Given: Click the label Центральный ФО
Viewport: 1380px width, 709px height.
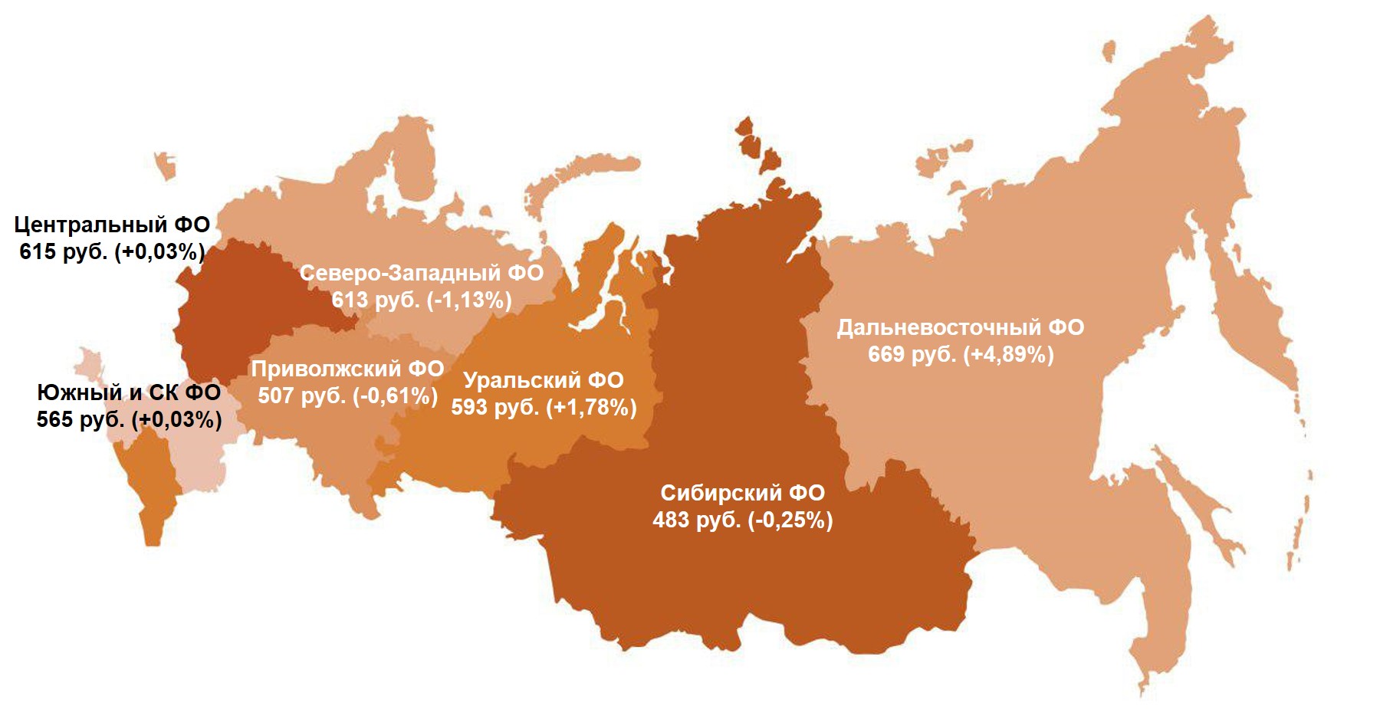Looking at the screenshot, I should click(x=112, y=225).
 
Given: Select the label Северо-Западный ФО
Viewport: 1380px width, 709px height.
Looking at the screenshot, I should click(x=421, y=273).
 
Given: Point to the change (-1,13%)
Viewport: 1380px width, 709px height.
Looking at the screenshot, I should click(x=470, y=300).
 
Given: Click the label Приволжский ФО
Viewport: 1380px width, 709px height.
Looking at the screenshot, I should click(x=347, y=369).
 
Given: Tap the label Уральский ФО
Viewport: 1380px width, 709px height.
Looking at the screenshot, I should click(x=544, y=380).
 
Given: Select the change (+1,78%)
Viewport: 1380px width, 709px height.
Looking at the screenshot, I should click(x=591, y=407).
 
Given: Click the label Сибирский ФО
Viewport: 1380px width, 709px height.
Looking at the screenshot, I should click(x=742, y=493).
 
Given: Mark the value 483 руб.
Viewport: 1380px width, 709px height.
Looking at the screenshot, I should click(x=697, y=520).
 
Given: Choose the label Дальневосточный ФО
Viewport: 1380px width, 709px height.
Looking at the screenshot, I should click(x=961, y=327).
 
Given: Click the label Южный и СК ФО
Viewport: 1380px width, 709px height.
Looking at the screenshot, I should click(x=129, y=392).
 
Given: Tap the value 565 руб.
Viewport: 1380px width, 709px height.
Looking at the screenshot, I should click(x=81, y=419).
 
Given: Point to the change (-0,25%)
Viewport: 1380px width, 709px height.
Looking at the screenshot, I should click(x=790, y=520).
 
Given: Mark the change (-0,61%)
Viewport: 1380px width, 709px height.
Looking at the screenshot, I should click(x=396, y=396).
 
